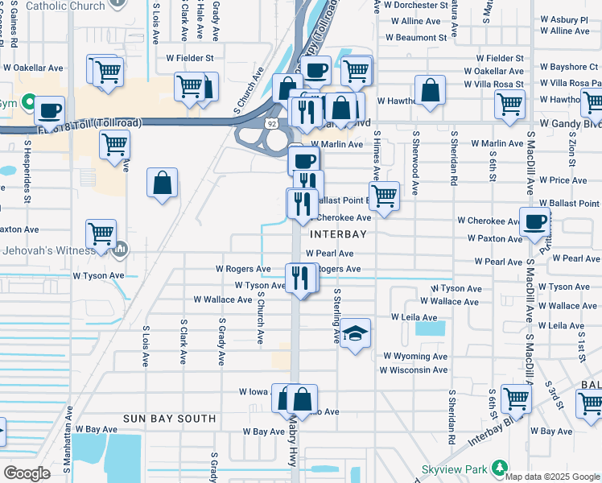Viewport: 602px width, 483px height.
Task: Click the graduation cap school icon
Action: [x=353, y=334]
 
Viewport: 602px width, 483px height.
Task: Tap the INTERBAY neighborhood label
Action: [x=339, y=235]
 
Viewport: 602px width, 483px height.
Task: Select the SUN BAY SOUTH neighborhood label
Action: [x=170, y=419]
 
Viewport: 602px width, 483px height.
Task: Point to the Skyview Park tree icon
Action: [x=500, y=468]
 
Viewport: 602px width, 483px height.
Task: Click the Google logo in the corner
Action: [x=27, y=473]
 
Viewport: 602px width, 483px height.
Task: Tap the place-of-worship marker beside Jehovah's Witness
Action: [x=121, y=250]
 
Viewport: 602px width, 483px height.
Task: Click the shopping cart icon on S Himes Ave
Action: [x=385, y=196]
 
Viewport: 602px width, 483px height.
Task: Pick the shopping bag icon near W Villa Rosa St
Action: [x=431, y=91]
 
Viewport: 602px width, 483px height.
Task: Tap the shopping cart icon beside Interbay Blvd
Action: [x=516, y=398]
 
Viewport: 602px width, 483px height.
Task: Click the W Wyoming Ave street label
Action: [x=414, y=356]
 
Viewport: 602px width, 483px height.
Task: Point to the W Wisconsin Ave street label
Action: [x=414, y=370]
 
